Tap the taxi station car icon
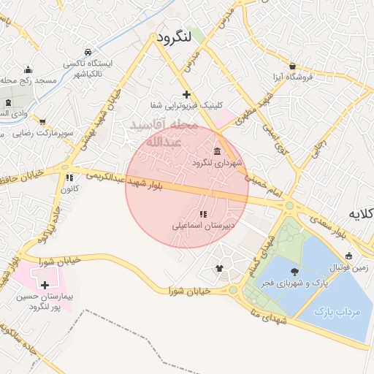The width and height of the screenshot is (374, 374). (88, 52)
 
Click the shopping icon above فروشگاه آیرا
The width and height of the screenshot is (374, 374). (292, 66)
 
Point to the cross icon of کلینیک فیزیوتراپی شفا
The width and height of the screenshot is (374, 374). (187, 94)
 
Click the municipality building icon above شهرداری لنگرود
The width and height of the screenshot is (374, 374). (218, 150)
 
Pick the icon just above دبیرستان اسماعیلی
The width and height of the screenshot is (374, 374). (202, 214)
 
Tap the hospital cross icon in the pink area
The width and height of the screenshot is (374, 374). (45, 285)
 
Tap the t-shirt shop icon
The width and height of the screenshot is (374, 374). (219, 267)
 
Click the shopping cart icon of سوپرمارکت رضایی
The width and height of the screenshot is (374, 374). (42, 122)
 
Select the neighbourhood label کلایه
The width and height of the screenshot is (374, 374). (360, 213)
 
